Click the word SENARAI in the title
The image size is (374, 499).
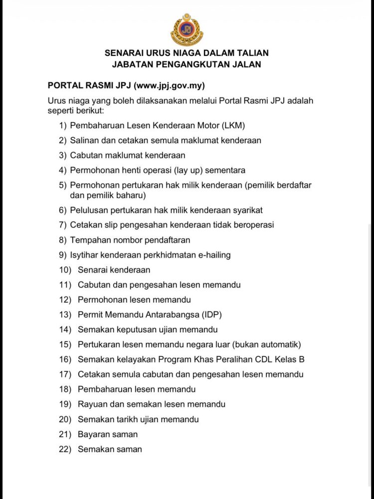tap(123, 52)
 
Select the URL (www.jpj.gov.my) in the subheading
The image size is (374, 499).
tap(170, 85)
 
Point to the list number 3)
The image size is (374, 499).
tap(62, 155)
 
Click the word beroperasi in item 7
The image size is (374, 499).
tap(253, 225)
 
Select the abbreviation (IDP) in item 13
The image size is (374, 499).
tap(210, 315)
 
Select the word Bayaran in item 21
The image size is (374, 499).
tap(93, 434)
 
